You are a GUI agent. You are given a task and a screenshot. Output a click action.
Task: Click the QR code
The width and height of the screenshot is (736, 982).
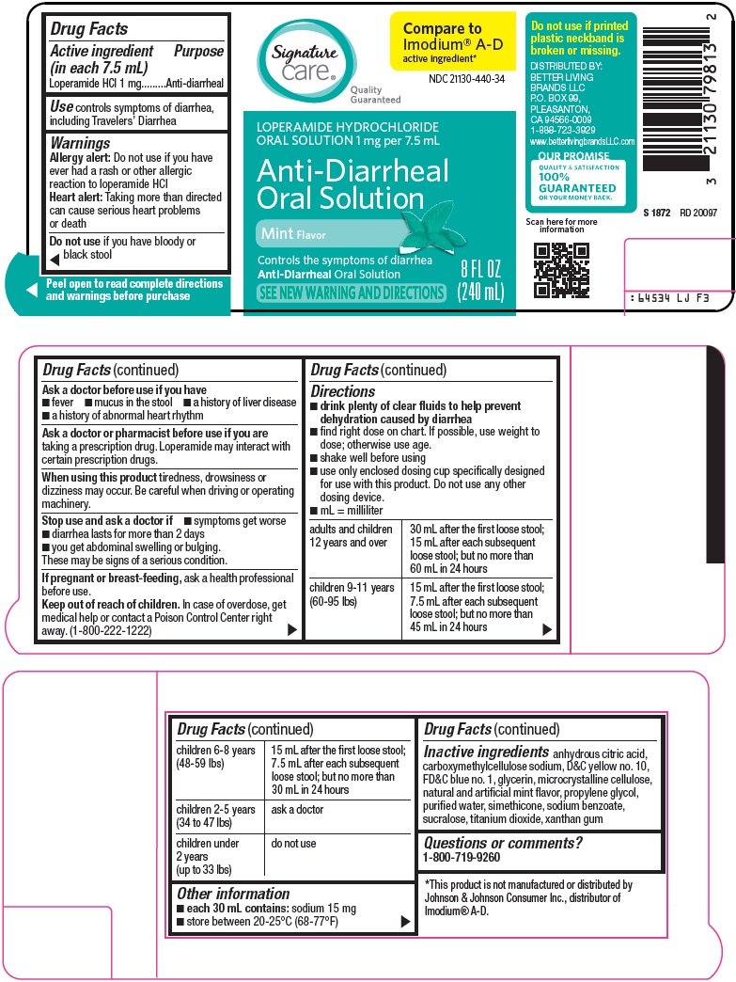[561, 269]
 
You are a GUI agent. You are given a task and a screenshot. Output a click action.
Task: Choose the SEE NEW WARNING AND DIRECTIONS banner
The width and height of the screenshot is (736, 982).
[352, 293]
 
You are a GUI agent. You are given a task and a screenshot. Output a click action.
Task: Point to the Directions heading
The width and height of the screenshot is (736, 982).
[343, 391]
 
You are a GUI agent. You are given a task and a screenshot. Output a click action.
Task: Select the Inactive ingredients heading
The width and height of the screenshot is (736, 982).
[486, 752]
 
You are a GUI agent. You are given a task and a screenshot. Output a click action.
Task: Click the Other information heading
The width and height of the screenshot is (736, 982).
[233, 894]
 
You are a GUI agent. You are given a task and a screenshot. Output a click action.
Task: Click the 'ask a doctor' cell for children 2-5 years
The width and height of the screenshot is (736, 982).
[297, 809]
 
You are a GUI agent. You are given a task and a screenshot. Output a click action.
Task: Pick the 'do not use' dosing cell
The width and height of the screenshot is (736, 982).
[294, 844]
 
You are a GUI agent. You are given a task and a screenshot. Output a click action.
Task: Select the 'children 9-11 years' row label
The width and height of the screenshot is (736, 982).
[352, 594]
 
